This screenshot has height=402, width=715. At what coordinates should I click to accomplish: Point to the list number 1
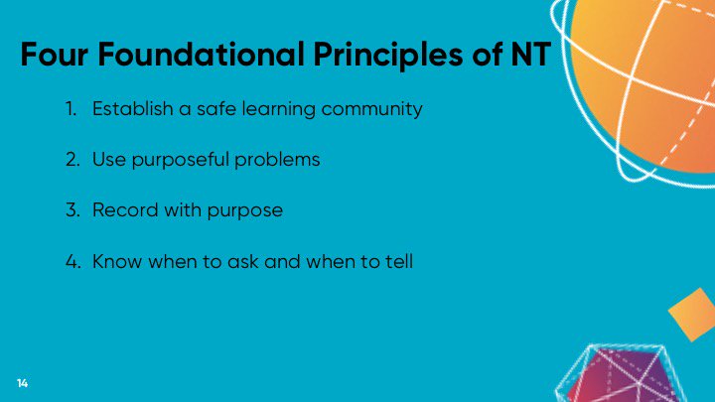click(72, 108)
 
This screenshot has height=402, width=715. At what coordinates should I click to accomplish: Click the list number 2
click(73, 159)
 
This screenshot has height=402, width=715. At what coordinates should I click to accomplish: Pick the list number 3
click(73, 210)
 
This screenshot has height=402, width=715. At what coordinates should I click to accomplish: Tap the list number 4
click(73, 262)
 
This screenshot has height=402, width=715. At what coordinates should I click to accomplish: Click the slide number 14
click(21, 382)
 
